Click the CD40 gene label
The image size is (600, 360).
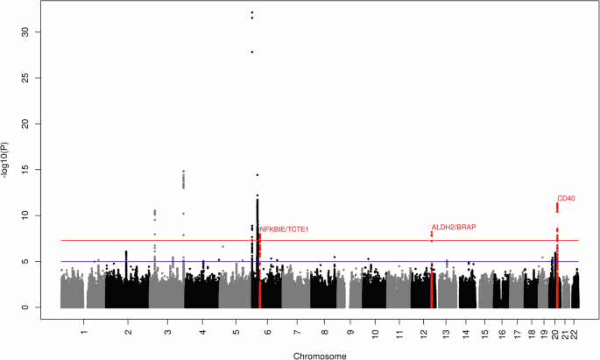click(x=566, y=199)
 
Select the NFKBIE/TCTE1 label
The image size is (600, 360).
click(x=285, y=229)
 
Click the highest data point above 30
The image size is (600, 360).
click(x=252, y=13)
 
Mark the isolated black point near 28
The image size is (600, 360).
click(x=252, y=52)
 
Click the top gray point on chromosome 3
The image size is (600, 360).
click(x=183, y=172)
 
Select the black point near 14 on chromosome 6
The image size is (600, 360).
click(x=258, y=175)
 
